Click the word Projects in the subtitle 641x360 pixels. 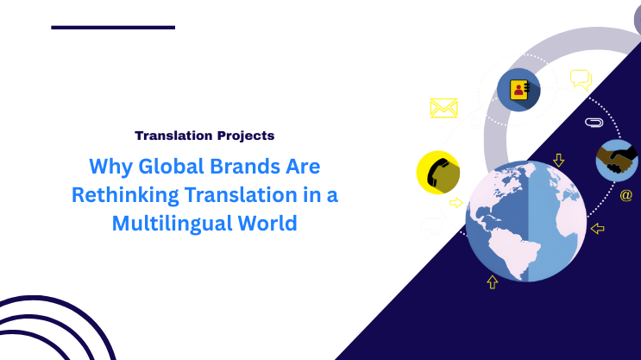pyautogui.click(x=244, y=136)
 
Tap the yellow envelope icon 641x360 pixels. pyautogui.click(x=443, y=108)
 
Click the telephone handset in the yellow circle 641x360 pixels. pyautogui.click(x=437, y=173)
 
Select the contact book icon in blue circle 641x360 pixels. pyautogui.click(x=518, y=90)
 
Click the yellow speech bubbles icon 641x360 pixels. pyautogui.click(x=581, y=80)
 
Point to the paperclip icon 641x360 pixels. pyautogui.click(x=593, y=123)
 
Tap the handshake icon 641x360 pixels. pyautogui.click(x=617, y=160)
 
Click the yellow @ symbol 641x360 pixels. pyautogui.click(x=626, y=195)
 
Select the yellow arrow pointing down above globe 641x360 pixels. pyautogui.click(x=558, y=160)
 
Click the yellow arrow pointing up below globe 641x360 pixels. pyautogui.click(x=492, y=281)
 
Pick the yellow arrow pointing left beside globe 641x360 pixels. pyautogui.click(x=598, y=228)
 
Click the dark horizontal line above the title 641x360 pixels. pyautogui.click(x=113, y=28)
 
